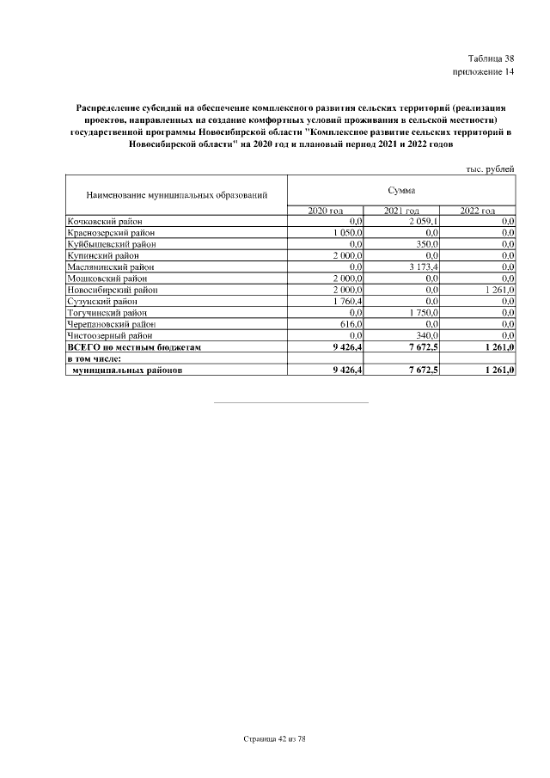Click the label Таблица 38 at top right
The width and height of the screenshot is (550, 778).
tap(491, 57)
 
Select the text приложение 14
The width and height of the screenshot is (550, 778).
tap(483, 71)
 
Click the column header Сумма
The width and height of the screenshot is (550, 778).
tap(400, 189)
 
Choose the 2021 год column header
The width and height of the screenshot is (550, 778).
tap(401, 211)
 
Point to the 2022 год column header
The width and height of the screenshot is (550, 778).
tap(477, 211)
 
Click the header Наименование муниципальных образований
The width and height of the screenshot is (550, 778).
tap(175, 196)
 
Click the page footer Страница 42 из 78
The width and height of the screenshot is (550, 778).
tap(275, 738)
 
